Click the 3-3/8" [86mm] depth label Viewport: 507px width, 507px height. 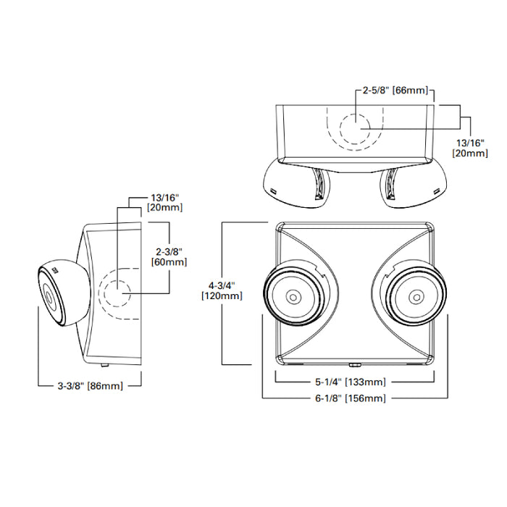tap(89, 386)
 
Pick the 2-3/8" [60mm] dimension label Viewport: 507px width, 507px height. tap(166, 256)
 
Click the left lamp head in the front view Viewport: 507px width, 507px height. tap(294, 297)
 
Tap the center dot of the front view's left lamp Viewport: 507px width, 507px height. tap(294, 297)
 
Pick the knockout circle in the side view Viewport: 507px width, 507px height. tap(117, 294)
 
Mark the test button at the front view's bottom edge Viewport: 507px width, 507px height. tap(355, 366)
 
